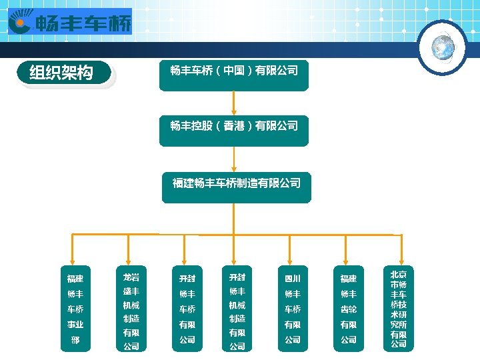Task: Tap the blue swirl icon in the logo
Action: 20,24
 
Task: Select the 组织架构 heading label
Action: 61,73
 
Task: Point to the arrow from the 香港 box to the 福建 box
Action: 234,159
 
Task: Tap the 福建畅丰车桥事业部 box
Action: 75,309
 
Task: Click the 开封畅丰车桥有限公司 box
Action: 187,309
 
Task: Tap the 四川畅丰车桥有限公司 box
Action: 293,309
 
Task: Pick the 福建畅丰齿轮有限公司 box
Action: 349,309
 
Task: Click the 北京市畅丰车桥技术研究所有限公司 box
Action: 399,309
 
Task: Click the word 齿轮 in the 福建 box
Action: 349,309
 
